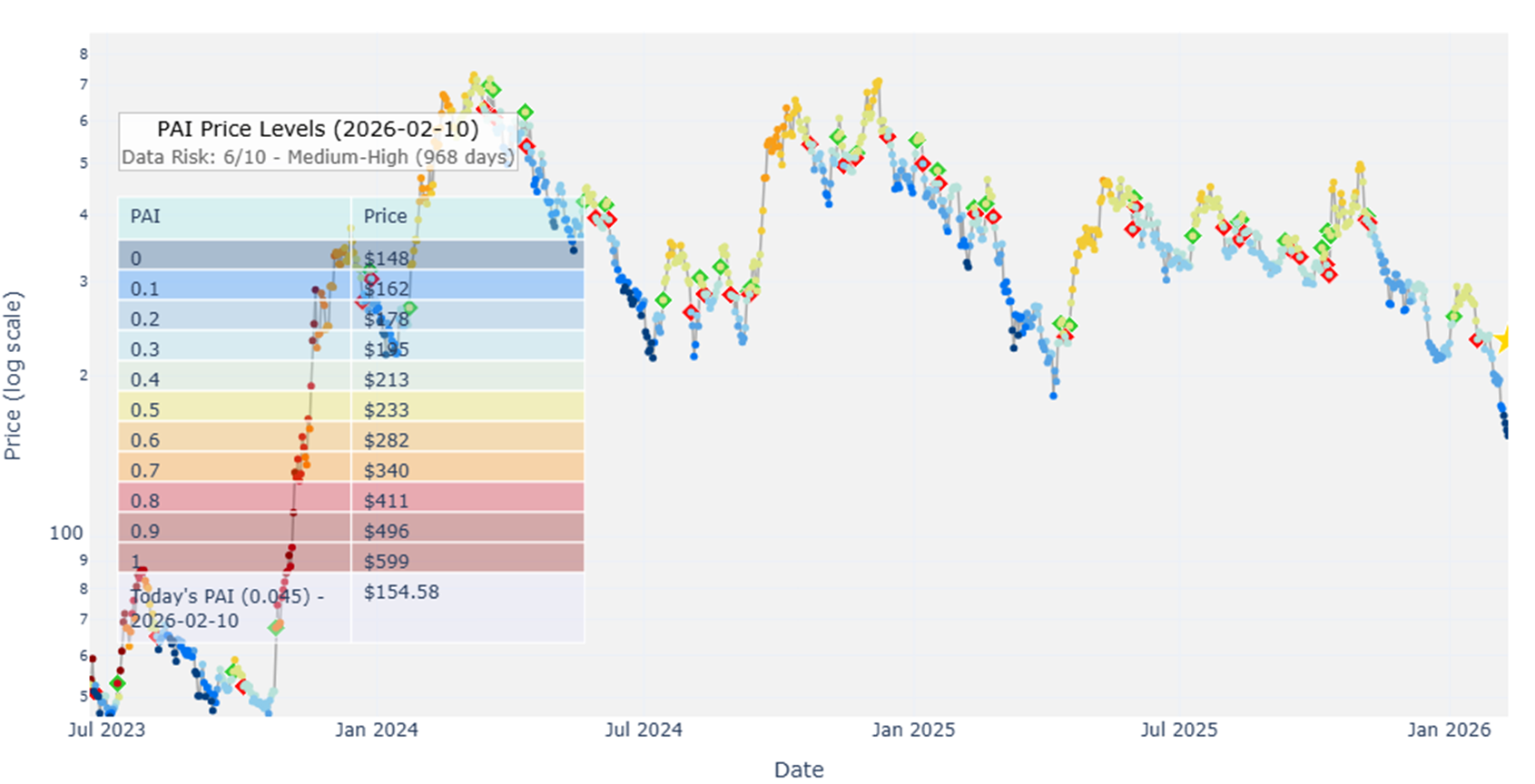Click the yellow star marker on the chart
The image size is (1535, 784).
pyautogui.click(x=1502, y=340)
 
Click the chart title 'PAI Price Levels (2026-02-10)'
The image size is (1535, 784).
pyautogui.click(x=318, y=129)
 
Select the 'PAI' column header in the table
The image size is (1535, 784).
pyautogui.click(x=145, y=217)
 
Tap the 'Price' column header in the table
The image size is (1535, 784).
pyautogui.click(x=385, y=217)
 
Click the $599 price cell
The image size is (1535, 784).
pyautogui.click(x=387, y=562)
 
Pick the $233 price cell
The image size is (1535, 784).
pyautogui.click(x=387, y=410)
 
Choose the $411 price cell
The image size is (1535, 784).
pyautogui.click(x=387, y=501)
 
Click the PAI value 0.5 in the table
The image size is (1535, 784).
pyautogui.click(x=145, y=410)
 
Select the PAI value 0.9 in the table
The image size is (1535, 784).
pyautogui.click(x=145, y=531)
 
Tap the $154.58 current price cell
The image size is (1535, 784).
pyautogui.click(x=401, y=593)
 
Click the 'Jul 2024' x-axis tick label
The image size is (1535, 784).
pyautogui.click(x=644, y=730)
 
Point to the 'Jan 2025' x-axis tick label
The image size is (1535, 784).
pyautogui.click(x=913, y=730)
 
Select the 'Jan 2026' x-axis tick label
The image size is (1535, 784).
pyautogui.click(x=1449, y=730)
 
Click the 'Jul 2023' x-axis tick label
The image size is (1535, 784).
pyautogui.click(x=106, y=730)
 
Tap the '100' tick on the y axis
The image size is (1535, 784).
pyautogui.click(x=66, y=533)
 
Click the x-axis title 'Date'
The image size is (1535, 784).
pyautogui.click(x=799, y=769)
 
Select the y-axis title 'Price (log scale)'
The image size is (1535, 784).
pyautogui.click(x=13, y=376)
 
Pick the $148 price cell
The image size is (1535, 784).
pyautogui.click(x=387, y=259)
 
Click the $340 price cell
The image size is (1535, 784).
pyautogui.click(x=387, y=471)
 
